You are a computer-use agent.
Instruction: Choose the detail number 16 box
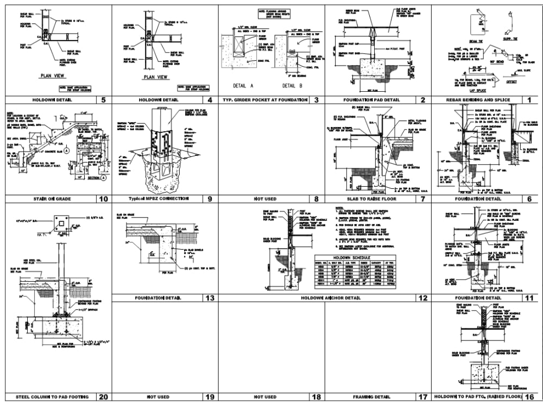(x=529, y=397)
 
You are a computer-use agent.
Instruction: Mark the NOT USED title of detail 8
(x=265, y=199)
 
